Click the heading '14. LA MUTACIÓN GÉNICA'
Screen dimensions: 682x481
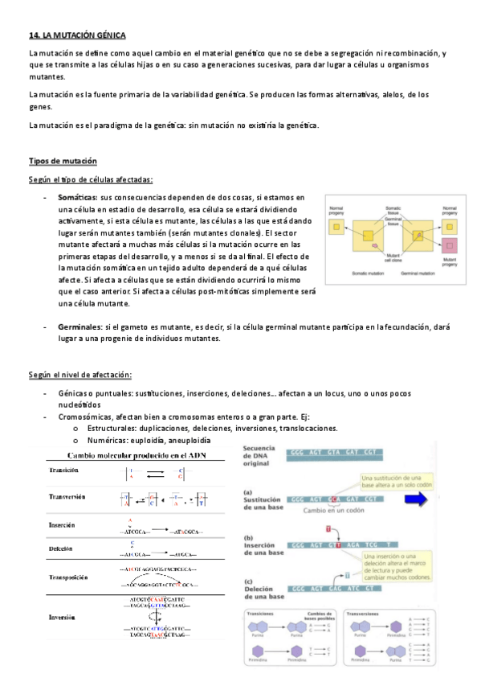coord(77,35)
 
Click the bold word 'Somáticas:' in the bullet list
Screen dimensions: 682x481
coord(77,198)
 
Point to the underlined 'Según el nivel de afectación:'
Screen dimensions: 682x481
coord(80,375)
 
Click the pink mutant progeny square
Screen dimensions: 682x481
coord(450,244)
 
